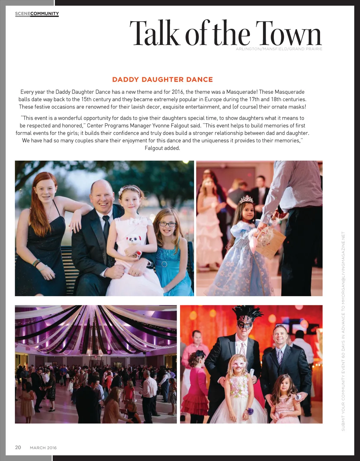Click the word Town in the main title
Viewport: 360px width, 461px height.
click(x=288, y=34)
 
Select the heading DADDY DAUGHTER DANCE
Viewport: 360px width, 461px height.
click(x=162, y=80)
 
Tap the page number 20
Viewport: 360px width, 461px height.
click(x=18, y=447)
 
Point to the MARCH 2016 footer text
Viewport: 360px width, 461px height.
click(x=43, y=448)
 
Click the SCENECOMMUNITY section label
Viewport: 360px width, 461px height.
click(x=37, y=14)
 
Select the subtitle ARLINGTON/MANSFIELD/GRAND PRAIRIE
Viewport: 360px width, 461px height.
click(x=279, y=49)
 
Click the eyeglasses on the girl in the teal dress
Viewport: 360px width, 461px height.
click(x=167, y=224)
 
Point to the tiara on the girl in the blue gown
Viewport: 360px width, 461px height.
click(x=246, y=200)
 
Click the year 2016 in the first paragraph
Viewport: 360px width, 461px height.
click(x=178, y=92)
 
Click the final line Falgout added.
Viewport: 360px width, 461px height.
click(x=162, y=148)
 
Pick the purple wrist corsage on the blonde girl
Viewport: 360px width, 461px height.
click(x=250, y=410)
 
